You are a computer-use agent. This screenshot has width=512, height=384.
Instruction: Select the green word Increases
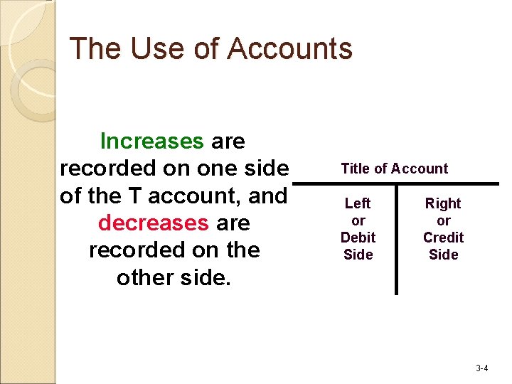(152, 141)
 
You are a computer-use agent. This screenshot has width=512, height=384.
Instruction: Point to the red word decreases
(154, 223)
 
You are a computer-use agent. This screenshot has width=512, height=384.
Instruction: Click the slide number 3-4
(481, 368)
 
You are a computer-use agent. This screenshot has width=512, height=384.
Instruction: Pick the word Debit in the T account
(358, 238)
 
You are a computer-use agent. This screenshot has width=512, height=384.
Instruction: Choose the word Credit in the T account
(443, 238)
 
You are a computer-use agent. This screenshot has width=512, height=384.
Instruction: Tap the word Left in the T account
(358, 203)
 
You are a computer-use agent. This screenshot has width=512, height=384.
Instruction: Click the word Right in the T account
(443, 203)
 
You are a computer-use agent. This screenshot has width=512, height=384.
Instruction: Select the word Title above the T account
(356, 169)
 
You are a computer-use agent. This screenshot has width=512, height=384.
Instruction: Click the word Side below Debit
(358, 255)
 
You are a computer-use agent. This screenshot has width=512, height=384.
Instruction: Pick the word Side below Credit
(443, 255)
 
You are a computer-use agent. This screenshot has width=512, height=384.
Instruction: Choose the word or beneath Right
(443, 220)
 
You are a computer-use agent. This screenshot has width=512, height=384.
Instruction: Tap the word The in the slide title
(95, 48)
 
